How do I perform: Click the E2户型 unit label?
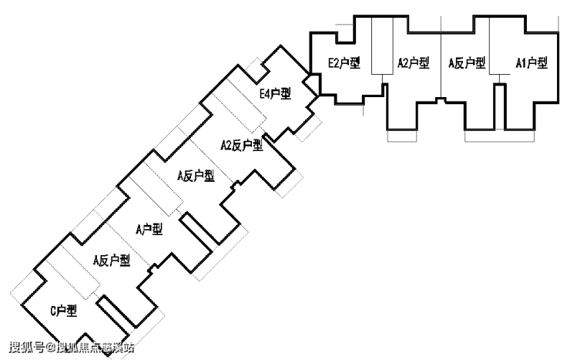(344, 63)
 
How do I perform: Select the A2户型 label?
(413, 63)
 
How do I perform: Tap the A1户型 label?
(531, 63)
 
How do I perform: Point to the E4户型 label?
(275, 94)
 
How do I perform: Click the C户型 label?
(64, 311)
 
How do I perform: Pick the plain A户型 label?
(149, 229)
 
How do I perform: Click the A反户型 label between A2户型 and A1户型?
(468, 63)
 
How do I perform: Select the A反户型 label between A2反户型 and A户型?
(195, 176)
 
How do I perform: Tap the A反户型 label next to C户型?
(111, 261)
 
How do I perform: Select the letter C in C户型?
(54, 311)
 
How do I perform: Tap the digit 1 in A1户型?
(521, 63)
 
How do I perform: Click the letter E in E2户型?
(331, 63)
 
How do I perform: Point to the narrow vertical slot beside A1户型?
(499, 106)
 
